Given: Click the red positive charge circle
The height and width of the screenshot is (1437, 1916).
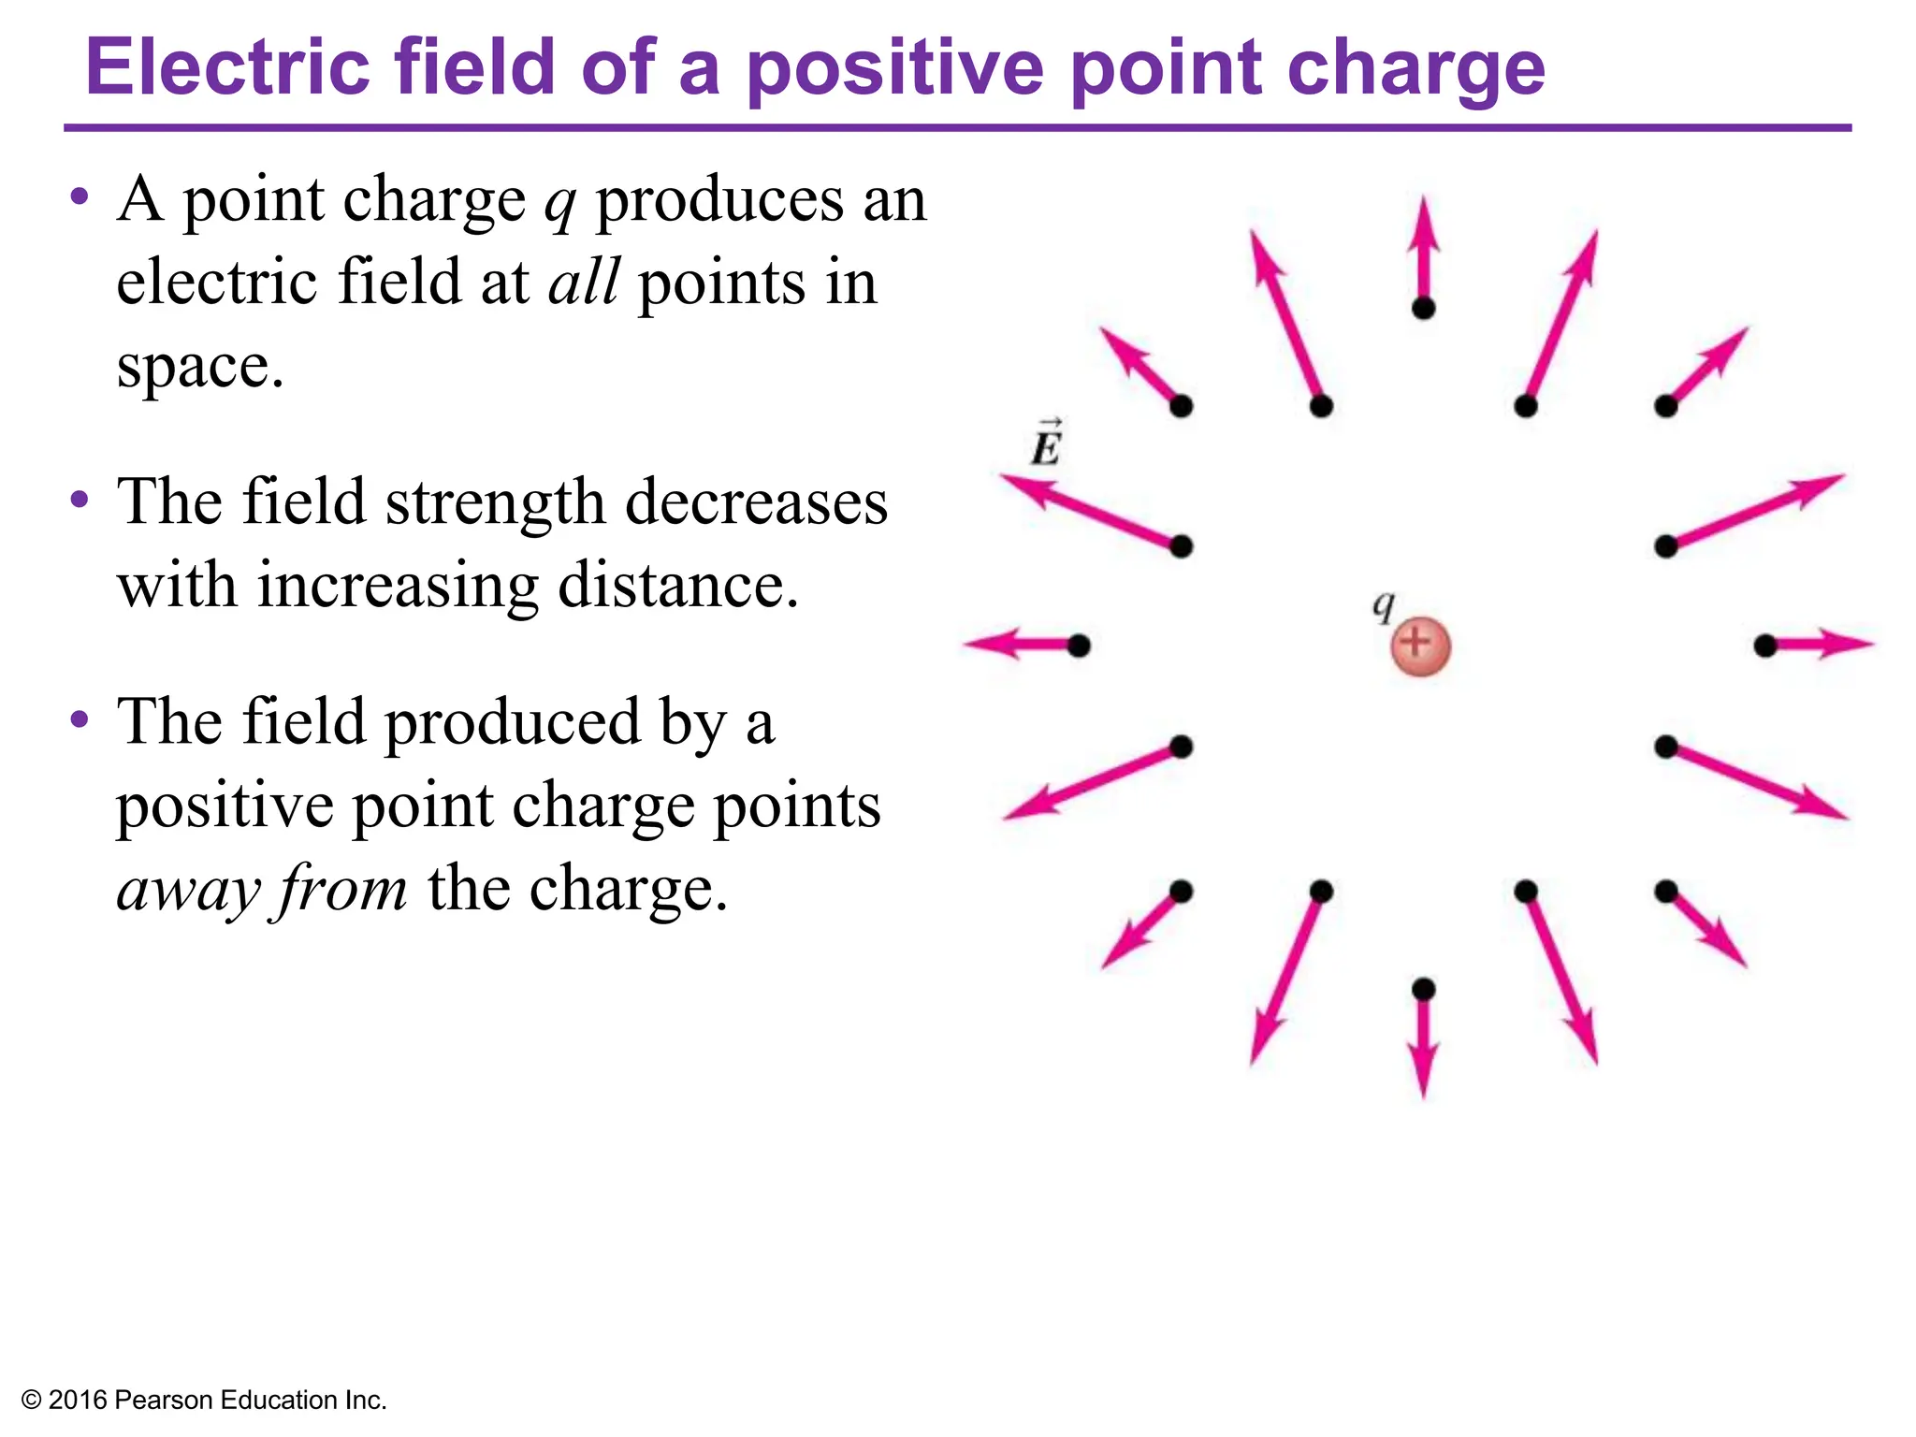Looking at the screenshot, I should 1420,646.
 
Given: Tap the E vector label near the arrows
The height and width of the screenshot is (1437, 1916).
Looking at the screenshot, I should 1046,443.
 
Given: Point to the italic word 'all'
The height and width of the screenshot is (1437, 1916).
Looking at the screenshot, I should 583,282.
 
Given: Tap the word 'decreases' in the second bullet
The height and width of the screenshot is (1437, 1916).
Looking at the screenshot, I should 756,502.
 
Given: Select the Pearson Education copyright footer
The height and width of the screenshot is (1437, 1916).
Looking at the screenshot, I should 204,1400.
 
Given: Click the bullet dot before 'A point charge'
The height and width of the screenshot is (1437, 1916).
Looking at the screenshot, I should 80,197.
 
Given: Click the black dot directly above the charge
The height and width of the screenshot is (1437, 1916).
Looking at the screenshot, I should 1423,308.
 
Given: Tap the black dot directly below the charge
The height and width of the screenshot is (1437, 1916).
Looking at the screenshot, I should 1423,989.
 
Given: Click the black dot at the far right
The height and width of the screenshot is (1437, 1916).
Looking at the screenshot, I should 1764,646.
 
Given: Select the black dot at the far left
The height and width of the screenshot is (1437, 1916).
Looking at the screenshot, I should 1079,646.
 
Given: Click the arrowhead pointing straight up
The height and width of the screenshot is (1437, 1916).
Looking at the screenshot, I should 1423,220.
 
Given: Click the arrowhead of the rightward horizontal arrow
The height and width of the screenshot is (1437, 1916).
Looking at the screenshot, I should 1848,645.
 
